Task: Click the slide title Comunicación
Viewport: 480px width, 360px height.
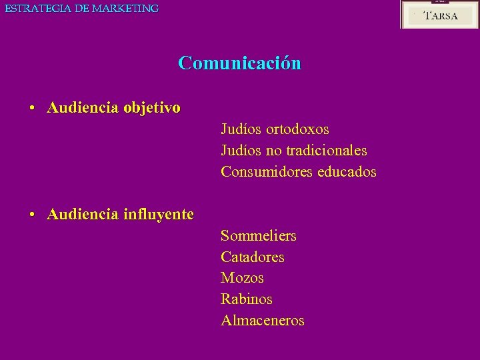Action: point(239,63)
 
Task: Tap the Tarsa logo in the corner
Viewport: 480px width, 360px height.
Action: point(439,15)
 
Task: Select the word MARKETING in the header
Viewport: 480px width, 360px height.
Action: point(125,9)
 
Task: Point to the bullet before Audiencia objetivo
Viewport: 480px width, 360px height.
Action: point(32,108)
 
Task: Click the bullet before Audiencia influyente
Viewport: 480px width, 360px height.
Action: point(32,215)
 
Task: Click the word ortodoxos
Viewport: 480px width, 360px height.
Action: point(297,129)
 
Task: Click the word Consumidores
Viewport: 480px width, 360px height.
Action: point(267,172)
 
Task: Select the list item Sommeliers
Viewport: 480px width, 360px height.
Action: point(259,236)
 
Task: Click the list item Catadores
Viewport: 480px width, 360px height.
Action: point(253,257)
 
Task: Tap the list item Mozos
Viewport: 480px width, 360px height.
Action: point(242,278)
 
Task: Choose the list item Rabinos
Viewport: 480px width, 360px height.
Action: point(247,299)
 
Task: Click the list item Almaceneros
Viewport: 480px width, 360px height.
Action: point(263,321)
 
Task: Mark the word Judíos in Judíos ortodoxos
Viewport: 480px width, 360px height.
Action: point(241,129)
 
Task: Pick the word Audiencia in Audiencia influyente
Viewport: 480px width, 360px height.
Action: point(83,215)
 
